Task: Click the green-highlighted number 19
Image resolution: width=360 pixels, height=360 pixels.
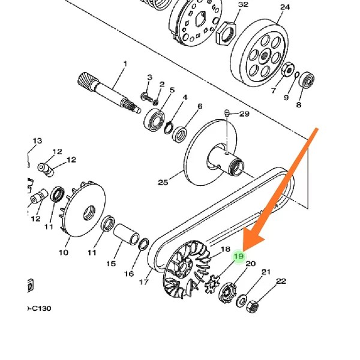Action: (239, 256)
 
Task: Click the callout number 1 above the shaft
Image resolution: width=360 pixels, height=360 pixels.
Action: (125, 64)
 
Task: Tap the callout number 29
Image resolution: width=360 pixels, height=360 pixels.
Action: (244, 114)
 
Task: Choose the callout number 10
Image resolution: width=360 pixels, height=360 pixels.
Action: (63, 253)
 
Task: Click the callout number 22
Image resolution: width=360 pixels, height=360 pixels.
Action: (281, 281)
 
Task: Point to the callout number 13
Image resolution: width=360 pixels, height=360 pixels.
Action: (37, 141)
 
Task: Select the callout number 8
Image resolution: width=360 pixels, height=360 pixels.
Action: (299, 104)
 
